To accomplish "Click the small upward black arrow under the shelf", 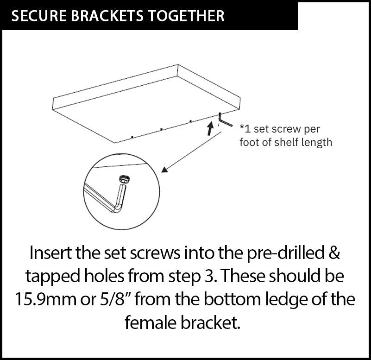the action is [x=210, y=128].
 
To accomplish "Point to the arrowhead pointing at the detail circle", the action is [x=165, y=170].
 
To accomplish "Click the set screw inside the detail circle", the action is [x=125, y=179].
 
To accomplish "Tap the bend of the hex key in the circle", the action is [x=117, y=209].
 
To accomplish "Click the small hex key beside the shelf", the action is [x=225, y=120].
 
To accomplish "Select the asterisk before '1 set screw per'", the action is [x=242, y=127].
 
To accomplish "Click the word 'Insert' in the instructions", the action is [x=50, y=253].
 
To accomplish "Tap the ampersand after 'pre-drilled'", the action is [x=334, y=253].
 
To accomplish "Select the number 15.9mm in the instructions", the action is [x=46, y=299].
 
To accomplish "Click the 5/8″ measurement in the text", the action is [x=116, y=299].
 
